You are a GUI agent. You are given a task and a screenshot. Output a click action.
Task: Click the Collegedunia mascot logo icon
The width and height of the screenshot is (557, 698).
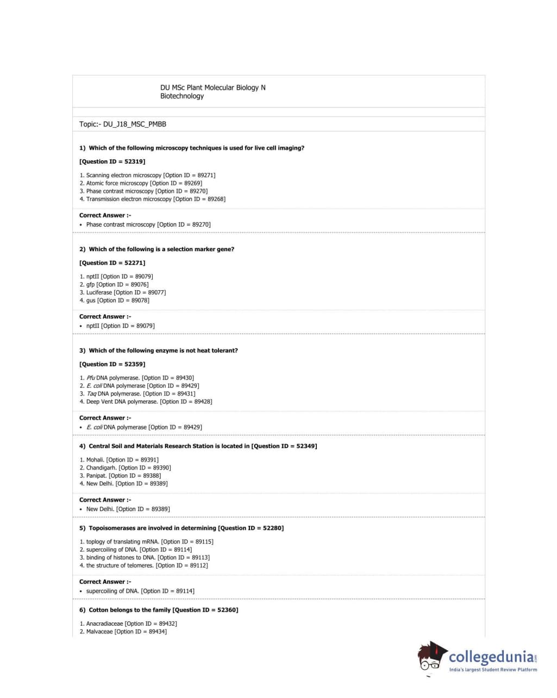pyautogui.click(x=432, y=658)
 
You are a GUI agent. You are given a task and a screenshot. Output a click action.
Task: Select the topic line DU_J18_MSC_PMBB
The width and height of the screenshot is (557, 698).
pyautogui.click(x=123, y=124)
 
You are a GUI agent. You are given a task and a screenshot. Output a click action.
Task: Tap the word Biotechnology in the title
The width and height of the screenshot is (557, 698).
pyautogui.click(x=182, y=96)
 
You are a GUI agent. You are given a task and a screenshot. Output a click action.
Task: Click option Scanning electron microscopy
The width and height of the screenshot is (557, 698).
pyautogui.click(x=124, y=175)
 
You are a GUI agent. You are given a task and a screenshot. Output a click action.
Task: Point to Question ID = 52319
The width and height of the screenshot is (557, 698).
pyautogui.click(x=112, y=161)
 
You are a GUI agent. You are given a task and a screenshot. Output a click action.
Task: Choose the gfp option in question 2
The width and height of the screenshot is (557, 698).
pyautogui.click(x=90, y=284)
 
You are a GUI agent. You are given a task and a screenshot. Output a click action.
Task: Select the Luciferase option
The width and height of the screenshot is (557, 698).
pyautogui.click(x=99, y=292)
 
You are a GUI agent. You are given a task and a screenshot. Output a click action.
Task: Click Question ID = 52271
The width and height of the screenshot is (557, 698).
pyautogui.click(x=112, y=263)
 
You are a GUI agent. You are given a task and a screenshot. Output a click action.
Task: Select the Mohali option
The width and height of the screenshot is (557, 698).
pyautogui.click(x=95, y=459)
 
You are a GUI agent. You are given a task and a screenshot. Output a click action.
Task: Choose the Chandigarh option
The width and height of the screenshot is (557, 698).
pyautogui.click(x=101, y=468)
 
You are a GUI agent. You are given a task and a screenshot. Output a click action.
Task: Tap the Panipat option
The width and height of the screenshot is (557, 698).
pyautogui.click(x=97, y=476)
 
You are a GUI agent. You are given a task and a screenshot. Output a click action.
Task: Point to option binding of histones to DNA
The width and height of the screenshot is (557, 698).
pyautogui.click(x=121, y=557)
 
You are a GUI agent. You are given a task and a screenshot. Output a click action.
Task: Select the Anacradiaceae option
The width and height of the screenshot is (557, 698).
pyautogui.click(x=105, y=624)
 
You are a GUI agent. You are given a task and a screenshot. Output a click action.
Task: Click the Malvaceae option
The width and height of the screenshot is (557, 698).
pyautogui.click(x=99, y=632)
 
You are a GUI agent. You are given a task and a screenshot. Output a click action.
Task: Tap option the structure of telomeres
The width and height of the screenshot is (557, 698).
pyautogui.click(x=120, y=565)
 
